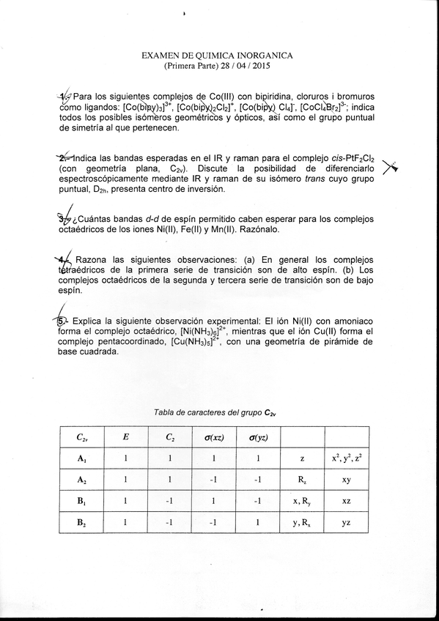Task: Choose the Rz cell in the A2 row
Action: [302, 484]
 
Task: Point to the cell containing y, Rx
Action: [302, 524]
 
